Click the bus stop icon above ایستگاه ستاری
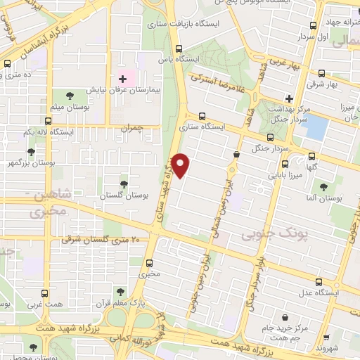click(202, 116)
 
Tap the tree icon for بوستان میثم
click(69, 95)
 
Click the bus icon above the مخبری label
click(148, 262)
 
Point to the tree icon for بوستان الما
click(323, 186)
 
